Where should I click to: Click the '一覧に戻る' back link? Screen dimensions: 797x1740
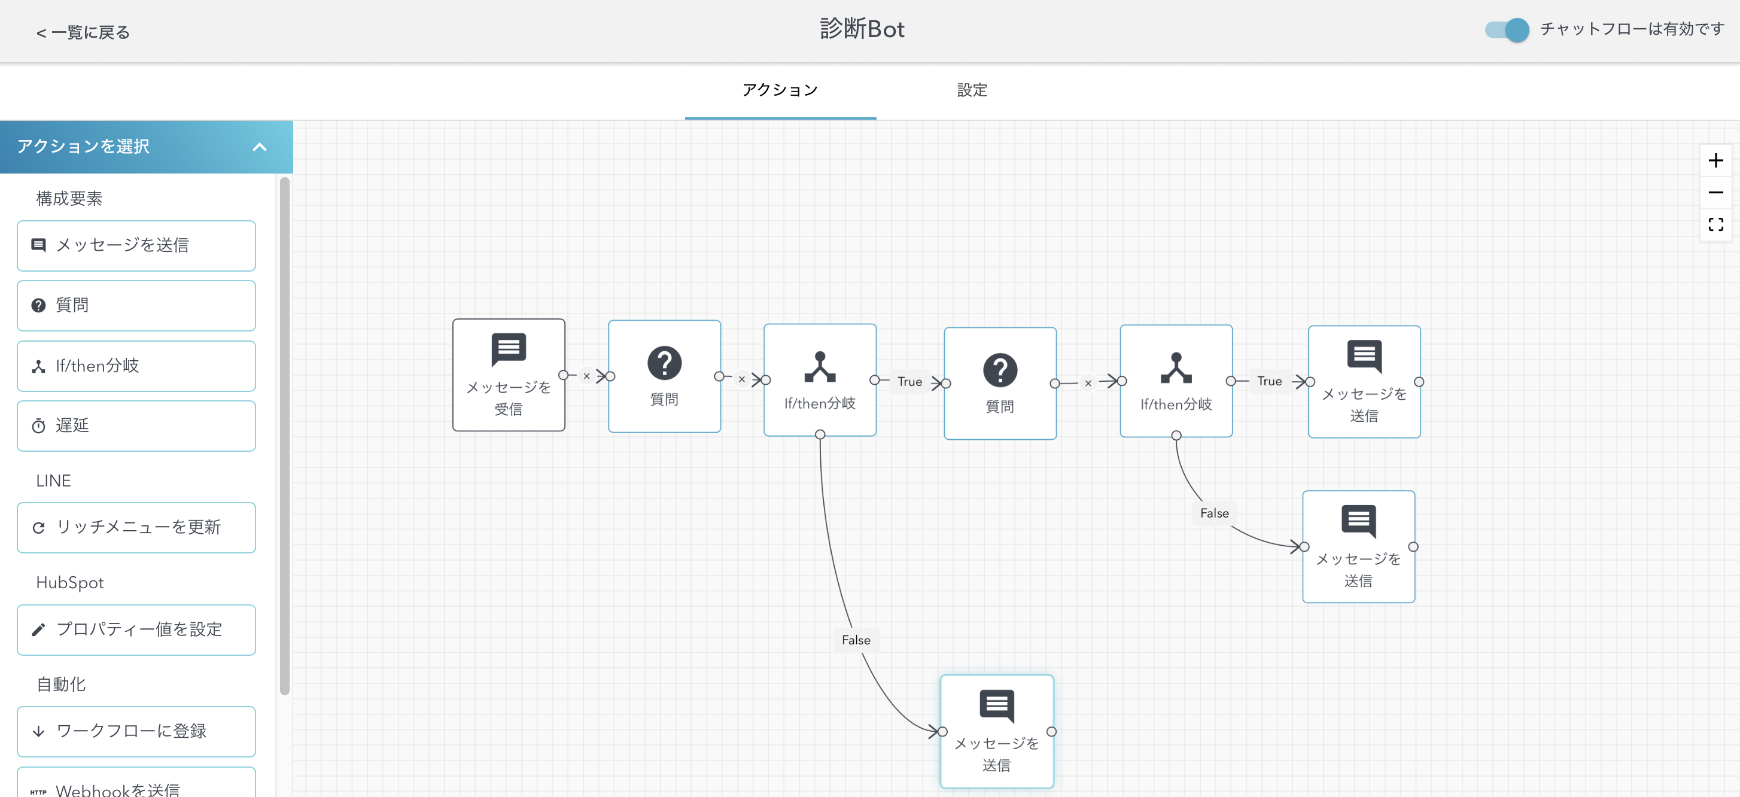[83, 32]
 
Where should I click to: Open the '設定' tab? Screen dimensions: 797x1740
[971, 90]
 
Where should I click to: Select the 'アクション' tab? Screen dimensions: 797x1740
[780, 90]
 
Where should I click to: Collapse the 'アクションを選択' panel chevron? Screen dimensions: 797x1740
[259, 147]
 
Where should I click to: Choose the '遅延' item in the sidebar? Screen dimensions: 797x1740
[136, 426]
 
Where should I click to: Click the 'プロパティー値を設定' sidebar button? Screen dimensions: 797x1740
[136, 629]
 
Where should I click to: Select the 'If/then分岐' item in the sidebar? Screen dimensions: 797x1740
[136, 366]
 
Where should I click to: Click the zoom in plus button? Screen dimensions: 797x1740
[1715, 161]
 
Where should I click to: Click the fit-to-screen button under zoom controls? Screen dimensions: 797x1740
[1715, 224]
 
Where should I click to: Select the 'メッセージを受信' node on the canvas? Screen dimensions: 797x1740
[508, 375]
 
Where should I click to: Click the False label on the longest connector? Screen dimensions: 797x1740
[856, 640]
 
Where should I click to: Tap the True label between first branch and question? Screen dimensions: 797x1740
[909, 382]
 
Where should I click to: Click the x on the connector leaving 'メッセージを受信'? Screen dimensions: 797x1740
[586, 376]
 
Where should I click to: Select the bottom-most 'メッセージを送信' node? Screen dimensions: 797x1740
[996, 732]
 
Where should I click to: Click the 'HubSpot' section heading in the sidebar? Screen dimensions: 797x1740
[69, 583]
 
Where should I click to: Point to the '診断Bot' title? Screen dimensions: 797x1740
[862, 29]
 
